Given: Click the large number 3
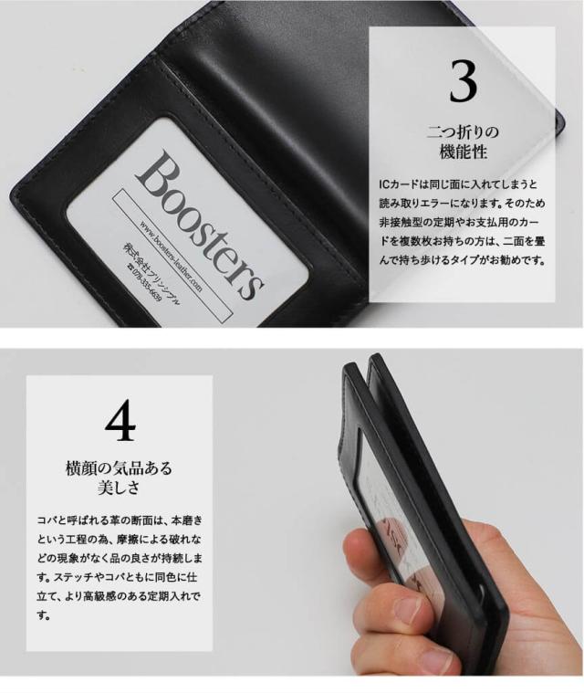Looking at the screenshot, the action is click(463, 80).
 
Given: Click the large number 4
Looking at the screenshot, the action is click(120, 420).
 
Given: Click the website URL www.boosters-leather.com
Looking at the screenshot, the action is click(171, 257).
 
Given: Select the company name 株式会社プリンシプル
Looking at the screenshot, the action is click(151, 273).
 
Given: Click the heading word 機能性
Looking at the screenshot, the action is click(463, 152).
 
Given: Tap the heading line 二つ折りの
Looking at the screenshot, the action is click(463, 132).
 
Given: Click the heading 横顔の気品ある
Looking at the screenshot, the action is click(119, 467).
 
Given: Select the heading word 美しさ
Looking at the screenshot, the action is click(119, 488).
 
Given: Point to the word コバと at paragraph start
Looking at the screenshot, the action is click(51, 520).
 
